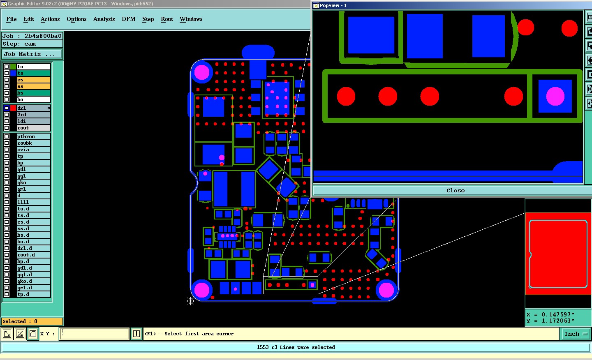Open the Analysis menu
click(x=104, y=19)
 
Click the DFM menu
click(x=128, y=19)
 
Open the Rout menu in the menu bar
click(x=167, y=19)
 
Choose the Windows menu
click(x=191, y=19)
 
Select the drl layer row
click(x=33, y=108)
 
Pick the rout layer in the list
click(x=33, y=128)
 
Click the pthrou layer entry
click(x=33, y=136)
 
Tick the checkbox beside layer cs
click(x=7, y=80)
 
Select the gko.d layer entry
click(x=33, y=281)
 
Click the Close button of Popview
click(x=455, y=190)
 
